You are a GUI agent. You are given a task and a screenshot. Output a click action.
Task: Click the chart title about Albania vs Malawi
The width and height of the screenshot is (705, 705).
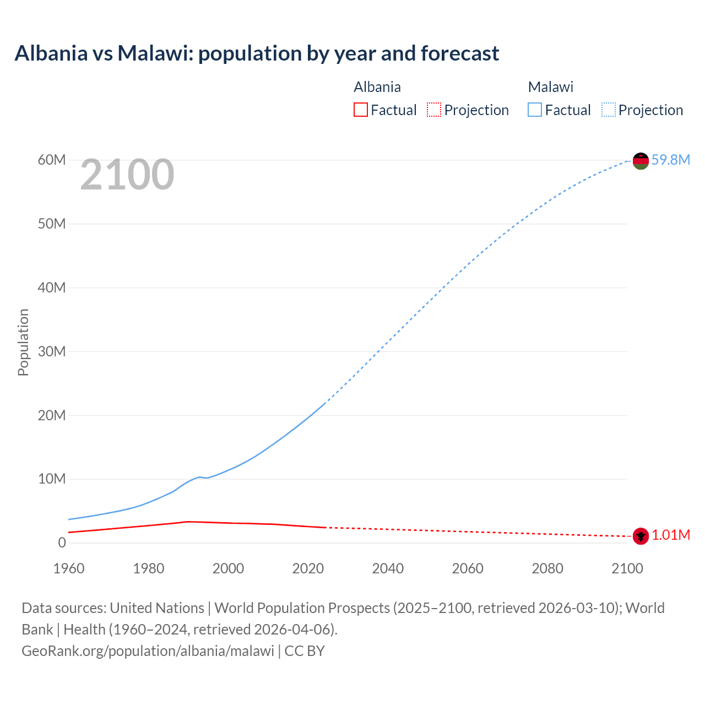tap(257, 53)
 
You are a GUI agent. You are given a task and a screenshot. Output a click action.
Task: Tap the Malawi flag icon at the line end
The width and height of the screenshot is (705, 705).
tap(641, 161)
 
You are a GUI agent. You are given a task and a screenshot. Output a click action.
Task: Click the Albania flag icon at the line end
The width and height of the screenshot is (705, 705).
tap(641, 535)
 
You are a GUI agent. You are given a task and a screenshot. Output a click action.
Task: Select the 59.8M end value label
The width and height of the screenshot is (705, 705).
tap(670, 160)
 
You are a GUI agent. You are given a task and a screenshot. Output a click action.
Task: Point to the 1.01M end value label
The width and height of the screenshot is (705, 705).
tap(671, 535)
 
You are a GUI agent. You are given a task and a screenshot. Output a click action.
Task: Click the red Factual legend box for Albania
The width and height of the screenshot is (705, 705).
tap(361, 110)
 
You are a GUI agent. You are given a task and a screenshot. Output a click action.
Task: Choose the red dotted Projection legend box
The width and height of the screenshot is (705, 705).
tap(434, 110)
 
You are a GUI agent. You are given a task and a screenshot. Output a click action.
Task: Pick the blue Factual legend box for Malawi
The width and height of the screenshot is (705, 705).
tap(535, 110)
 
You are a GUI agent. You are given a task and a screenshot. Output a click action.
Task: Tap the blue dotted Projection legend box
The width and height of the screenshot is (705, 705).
tap(609, 110)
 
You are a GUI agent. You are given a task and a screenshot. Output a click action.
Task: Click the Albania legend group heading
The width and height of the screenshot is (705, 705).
tap(377, 87)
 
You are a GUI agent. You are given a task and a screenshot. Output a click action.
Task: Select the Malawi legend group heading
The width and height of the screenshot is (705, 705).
tap(551, 87)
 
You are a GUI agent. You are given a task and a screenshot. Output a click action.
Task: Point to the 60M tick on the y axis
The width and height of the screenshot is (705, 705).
tap(52, 160)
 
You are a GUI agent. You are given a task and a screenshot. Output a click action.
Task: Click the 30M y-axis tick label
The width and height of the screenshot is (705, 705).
tap(52, 351)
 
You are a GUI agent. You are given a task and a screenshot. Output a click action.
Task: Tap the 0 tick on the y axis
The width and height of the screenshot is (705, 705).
tap(62, 543)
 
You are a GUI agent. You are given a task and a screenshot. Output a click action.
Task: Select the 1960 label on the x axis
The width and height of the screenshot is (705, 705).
tap(69, 568)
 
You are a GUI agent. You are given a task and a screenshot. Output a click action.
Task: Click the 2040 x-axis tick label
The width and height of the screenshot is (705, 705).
tap(388, 568)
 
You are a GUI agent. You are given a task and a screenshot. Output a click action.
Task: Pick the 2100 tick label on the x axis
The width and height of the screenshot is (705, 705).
tap(627, 568)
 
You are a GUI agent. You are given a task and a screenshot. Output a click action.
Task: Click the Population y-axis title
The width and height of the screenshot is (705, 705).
tap(23, 342)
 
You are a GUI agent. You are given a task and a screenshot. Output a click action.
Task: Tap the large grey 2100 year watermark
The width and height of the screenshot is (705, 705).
tap(127, 175)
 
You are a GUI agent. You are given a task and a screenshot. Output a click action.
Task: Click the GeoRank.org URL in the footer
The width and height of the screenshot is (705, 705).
tap(148, 651)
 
